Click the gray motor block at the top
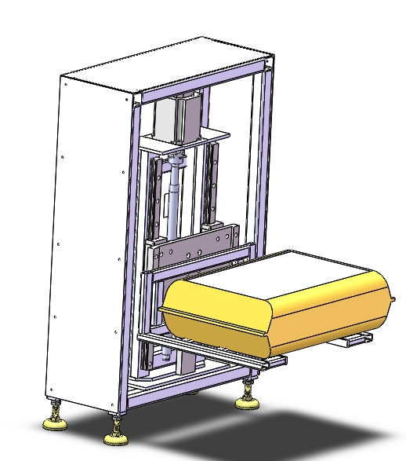(177, 118)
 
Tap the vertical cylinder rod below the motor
(174, 204)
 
